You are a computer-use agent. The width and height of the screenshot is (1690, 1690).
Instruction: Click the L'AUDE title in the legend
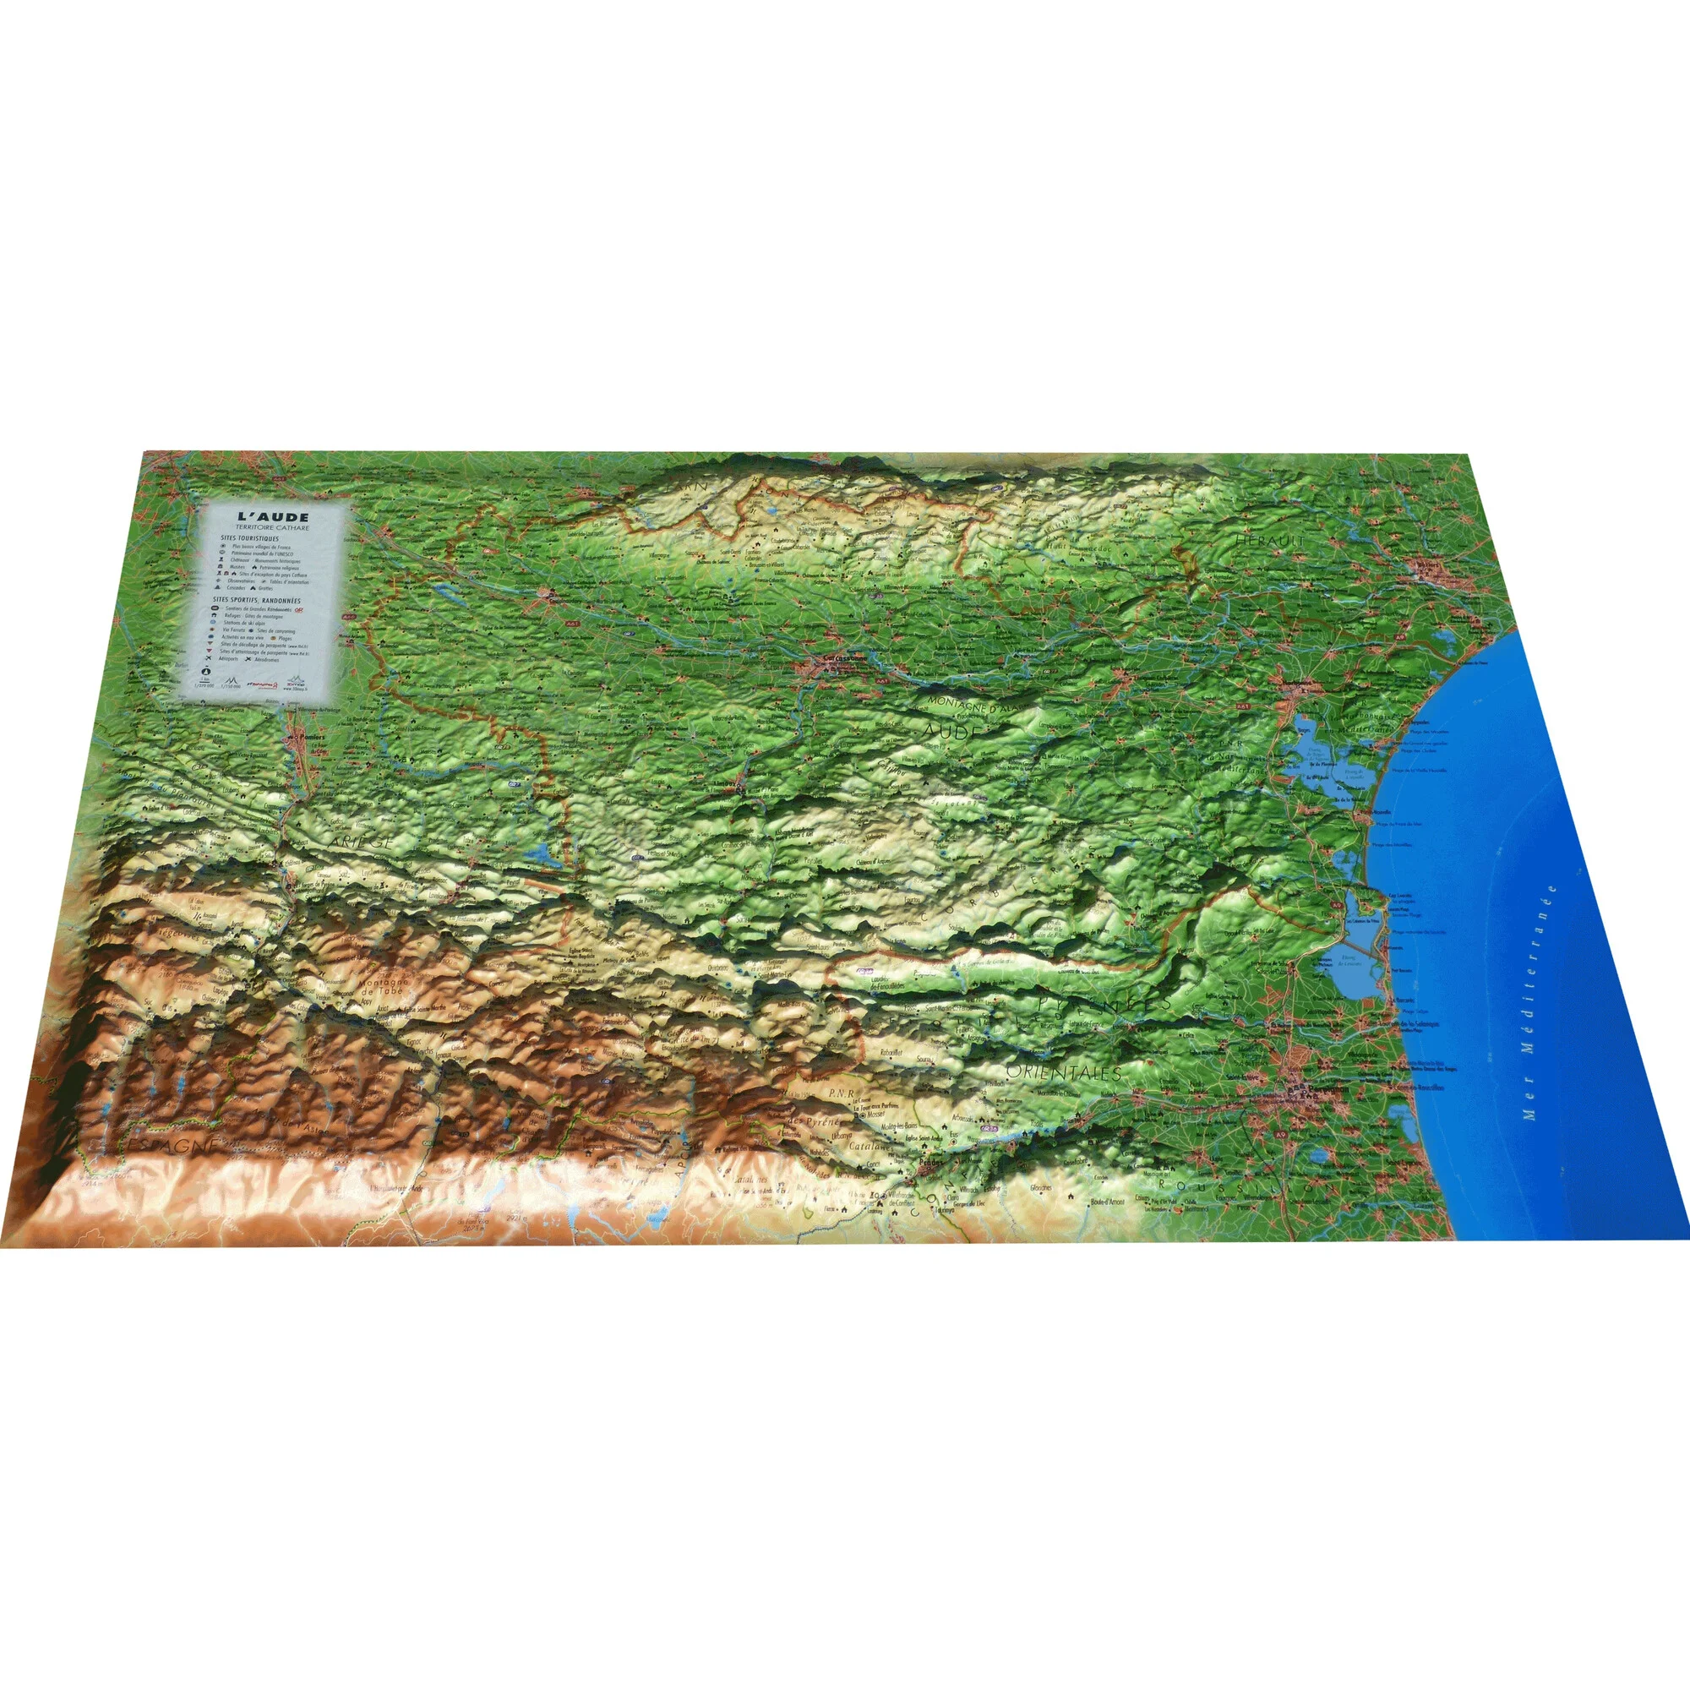[x=273, y=517]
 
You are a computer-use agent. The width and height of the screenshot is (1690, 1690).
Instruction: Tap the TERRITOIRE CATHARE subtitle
[x=273, y=528]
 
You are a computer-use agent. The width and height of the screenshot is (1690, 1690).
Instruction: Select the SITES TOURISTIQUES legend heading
[x=250, y=538]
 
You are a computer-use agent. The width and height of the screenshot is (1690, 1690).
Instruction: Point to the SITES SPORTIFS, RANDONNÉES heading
[x=259, y=601]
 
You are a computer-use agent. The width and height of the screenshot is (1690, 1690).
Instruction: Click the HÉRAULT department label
[x=1269, y=542]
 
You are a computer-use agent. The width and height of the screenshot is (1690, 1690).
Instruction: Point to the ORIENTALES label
[x=1063, y=1071]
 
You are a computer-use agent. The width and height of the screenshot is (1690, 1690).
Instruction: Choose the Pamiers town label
[x=305, y=737]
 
